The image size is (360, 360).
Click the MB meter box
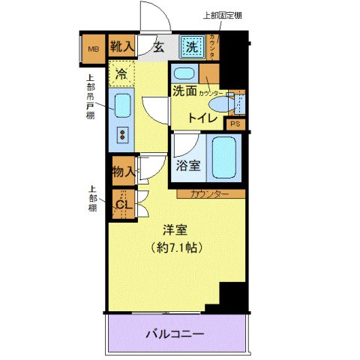[x=94, y=50]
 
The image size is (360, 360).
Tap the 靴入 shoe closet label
[x=121, y=46]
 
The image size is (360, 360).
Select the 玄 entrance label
[x=159, y=46]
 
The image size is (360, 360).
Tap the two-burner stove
[x=121, y=134]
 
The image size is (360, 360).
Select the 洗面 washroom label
[x=184, y=91]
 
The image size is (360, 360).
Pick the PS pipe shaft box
[x=235, y=124]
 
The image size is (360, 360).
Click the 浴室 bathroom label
[x=188, y=166]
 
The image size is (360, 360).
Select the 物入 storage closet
[x=123, y=172]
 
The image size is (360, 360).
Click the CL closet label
[x=122, y=202]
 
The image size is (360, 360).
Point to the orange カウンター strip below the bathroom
[x=210, y=194]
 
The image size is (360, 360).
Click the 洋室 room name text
[x=176, y=232]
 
